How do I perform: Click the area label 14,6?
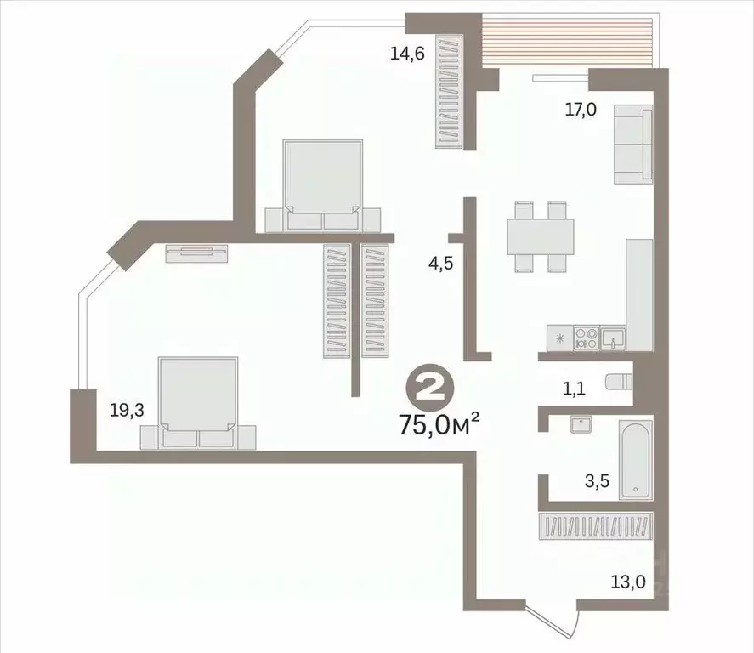[405, 54]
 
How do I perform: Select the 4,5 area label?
[439, 263]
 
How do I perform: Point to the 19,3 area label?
[127, 411]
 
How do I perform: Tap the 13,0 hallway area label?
[627, 582]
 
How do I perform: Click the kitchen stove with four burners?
[585, 338]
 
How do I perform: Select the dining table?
[539, 236]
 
